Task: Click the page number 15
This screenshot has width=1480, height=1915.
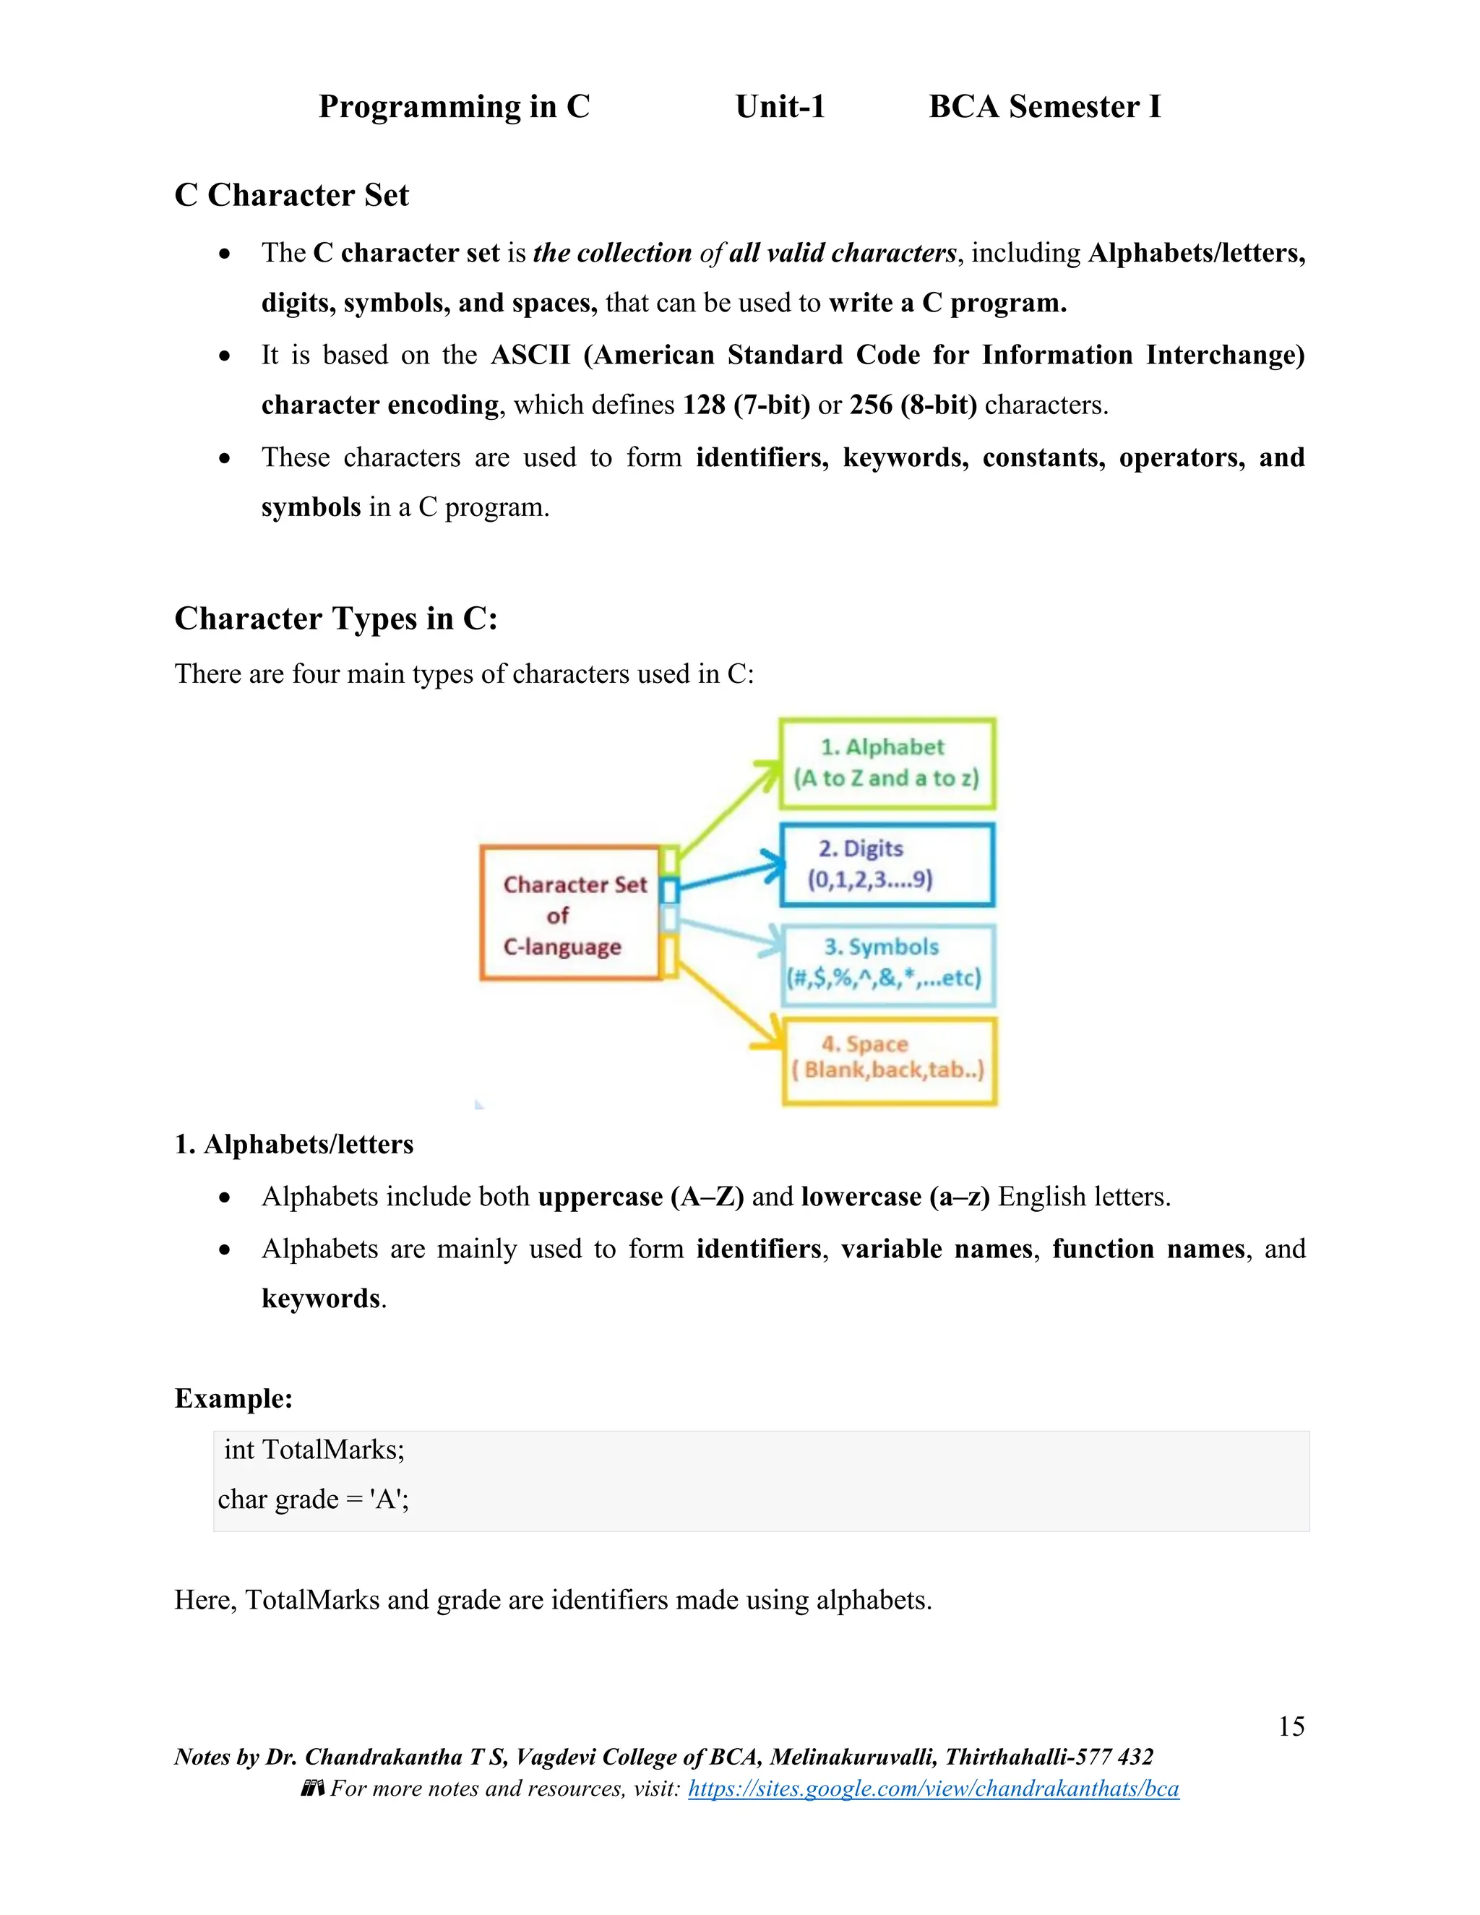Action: click(x=1291, y=1726)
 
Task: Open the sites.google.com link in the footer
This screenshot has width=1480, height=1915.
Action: click(x=933, y=1788)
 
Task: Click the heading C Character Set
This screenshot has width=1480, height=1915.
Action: click(x=291, y=194)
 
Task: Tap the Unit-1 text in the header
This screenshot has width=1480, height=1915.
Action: click(x=780, y=106)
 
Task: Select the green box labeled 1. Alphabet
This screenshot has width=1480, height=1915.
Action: click(x=887, y=763)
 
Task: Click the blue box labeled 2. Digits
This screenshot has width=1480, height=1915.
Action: click(x=887, y=864)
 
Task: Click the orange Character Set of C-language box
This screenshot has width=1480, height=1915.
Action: click(x=570, y=913)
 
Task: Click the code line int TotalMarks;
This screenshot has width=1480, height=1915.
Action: click(x=314, y=1450)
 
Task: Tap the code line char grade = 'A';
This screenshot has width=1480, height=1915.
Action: click(x=313, y=1499)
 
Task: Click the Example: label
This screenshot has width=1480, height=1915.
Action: click(x=233, y=1398)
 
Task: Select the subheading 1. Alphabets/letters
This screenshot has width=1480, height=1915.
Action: click(x=293, y=1144)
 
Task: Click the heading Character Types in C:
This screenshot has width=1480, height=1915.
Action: click(x=336, y=618)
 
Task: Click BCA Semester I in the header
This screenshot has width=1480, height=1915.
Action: click(x=1044, y=106)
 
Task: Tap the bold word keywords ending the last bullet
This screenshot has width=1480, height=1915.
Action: click(x=321, y=1299)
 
